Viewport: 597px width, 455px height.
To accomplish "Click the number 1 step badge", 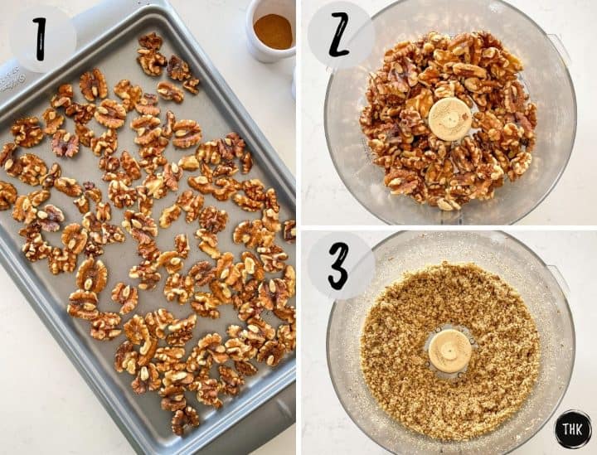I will [x=41, y=34].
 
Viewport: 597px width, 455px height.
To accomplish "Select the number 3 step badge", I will [x=340, y=264].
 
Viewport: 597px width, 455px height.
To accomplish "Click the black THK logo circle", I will [x=573, y=429].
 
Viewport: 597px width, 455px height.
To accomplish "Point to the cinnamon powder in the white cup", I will [x=273, y=31].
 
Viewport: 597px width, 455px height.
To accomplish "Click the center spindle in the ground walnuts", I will [x=450, y=350].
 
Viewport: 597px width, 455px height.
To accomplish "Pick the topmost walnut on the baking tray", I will [x=150, y=41].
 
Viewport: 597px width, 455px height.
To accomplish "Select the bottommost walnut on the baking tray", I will [x=184, y=420].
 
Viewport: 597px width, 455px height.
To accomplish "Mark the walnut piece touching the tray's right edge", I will [x=288, y=230].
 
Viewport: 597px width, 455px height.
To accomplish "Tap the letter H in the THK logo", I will [x=573, y=430].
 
